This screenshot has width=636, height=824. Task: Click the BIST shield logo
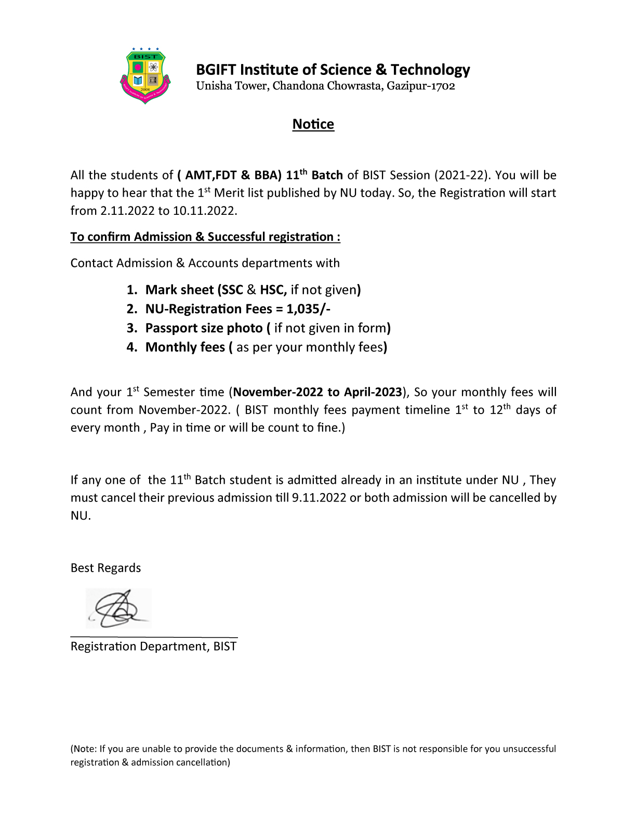[x=145, y=76]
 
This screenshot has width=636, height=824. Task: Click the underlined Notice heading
[x=313, y=124]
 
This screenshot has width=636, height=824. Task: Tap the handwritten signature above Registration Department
[x=118, y=608]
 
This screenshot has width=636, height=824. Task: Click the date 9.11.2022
[x=319, y=498]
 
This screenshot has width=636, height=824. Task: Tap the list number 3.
[x=132, y=328]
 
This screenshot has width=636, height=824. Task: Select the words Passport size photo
[x=204, y=328]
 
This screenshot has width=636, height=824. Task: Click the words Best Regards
[x=105, y=568]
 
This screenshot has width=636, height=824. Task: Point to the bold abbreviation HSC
[x=273, y=290]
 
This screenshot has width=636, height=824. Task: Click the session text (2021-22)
[x=462, y=175]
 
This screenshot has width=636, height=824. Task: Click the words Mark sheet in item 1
[x=179, y=290]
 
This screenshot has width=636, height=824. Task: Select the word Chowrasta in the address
[x=354, y=86]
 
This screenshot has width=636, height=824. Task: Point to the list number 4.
[x=132, y=347]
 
